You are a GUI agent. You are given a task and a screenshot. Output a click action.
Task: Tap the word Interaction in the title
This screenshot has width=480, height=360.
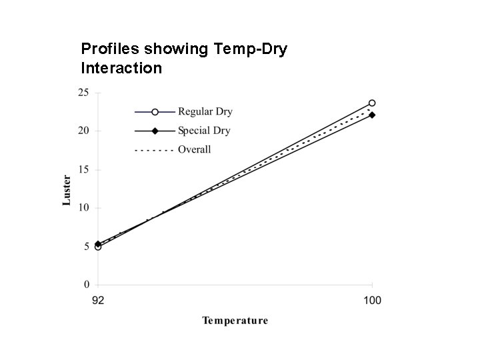(121, 67)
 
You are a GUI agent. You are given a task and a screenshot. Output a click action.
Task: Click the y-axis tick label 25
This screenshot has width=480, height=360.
(83, 93)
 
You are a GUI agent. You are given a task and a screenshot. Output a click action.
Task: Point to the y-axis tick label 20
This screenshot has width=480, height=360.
(83, 131)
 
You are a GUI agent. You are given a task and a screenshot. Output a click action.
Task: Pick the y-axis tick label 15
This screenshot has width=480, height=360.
(83, 169)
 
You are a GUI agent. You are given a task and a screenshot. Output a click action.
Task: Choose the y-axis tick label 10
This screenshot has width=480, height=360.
(83, 208)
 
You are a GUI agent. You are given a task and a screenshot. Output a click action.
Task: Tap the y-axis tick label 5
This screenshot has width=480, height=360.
(86, 247)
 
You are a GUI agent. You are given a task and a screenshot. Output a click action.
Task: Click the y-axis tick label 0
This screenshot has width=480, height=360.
(86, 285)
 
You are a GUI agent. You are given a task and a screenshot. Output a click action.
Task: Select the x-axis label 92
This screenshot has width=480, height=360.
(98, 300)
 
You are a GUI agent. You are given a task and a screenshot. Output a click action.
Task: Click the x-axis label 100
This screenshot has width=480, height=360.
(372, 300)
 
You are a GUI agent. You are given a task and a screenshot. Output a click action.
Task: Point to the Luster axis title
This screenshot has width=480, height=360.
(67, 189)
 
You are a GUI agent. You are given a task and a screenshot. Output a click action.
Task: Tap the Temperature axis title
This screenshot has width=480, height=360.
(235, 321)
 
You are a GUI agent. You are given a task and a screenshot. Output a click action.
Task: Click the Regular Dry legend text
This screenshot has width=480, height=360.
(205, 111)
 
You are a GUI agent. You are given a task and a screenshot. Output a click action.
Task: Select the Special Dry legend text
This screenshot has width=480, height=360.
(204, 131)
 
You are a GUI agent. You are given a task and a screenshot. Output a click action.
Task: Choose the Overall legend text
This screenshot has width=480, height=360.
(194, 149)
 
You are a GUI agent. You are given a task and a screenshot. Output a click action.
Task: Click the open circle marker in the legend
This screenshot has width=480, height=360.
(155, 111)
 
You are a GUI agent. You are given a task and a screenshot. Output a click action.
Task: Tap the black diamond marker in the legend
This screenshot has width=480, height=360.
(155, 131)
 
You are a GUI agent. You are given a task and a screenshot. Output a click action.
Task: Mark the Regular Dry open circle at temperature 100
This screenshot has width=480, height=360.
(372, 103)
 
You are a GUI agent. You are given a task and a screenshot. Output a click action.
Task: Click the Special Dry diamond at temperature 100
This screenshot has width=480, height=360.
(372, 115)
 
